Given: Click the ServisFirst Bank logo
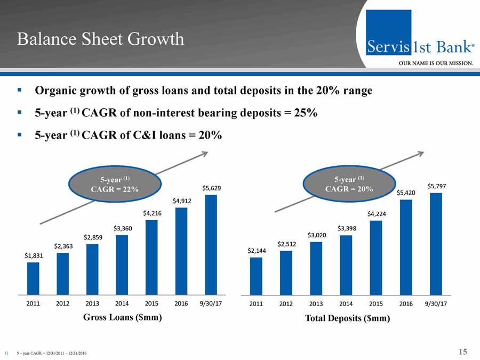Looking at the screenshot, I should coord(420,40).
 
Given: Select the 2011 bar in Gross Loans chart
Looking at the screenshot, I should coord(33,278).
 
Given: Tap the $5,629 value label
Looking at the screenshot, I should coord(212,188).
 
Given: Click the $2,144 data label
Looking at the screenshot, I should coord(256,250).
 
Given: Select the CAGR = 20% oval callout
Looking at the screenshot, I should coord(349,184).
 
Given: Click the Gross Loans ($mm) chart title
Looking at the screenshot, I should coord(122,317).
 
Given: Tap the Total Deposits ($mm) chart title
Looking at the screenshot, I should coord(347,318).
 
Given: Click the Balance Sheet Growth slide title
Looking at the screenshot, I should coord(100,39).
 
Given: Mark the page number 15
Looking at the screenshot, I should coord(462,351).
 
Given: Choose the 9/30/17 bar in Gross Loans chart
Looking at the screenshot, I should coord(211,245).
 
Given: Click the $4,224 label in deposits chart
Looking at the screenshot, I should coord(377,214).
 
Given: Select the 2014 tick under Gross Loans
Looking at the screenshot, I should coord(122,303).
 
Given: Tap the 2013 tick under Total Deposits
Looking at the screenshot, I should coord(316,304).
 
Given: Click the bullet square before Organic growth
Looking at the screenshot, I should coord(19,91).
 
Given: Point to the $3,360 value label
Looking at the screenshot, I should coord(122,228).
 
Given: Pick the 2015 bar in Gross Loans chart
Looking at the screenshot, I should coord(151,257).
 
